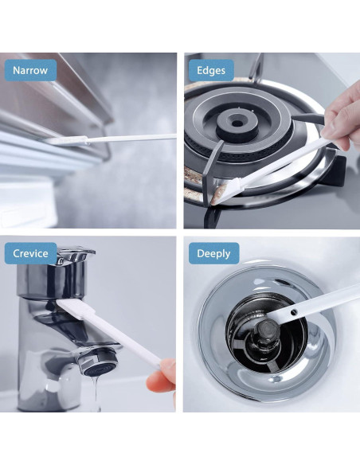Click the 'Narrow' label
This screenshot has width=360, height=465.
tap(30, 70)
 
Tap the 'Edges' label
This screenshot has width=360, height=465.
tap(210, 70)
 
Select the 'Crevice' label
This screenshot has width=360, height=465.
tap(30, 254)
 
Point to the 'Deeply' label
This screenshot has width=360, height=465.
tap(213, 254)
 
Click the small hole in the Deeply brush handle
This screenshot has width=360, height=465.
tap(294, 314)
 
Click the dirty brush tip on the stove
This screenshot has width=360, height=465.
tap(220, 191)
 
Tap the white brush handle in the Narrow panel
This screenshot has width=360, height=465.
tap(127, 139)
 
